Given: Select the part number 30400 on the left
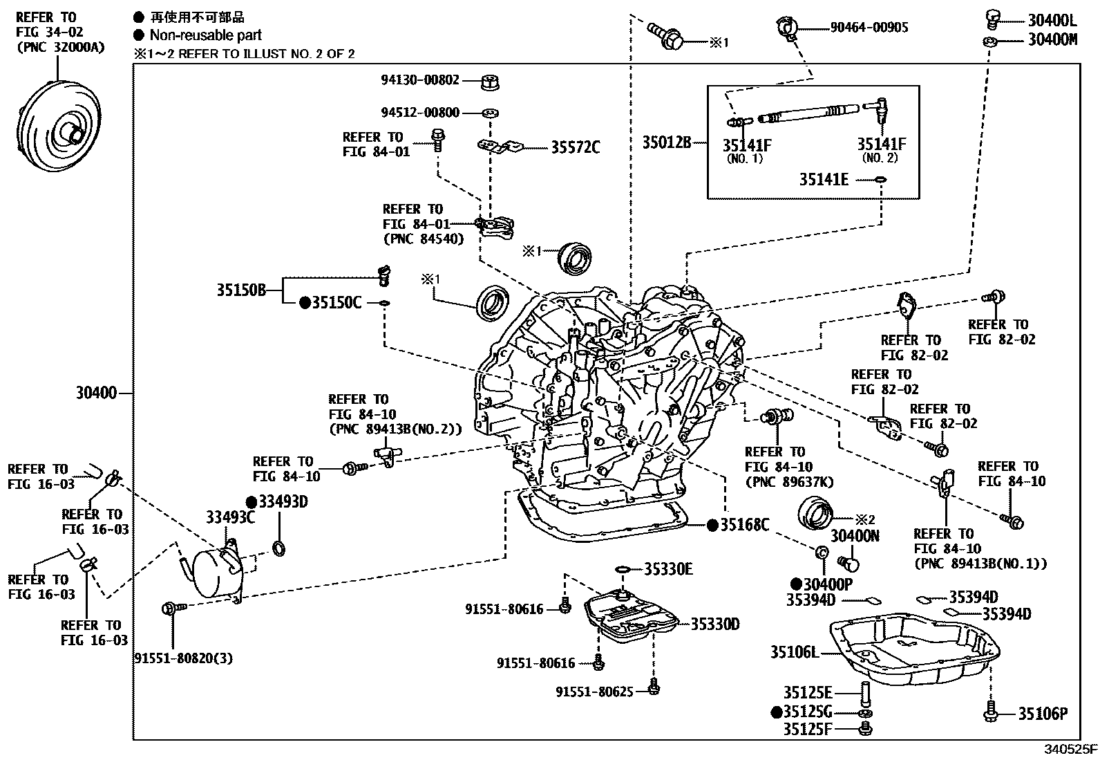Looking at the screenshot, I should [x=96, y=393].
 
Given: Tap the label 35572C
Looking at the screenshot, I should [x=575, y=147].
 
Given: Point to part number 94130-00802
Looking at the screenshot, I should [x=419, y=80].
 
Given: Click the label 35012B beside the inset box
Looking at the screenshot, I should [x=667, y=142].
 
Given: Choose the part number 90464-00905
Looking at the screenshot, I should [x=869, y=28].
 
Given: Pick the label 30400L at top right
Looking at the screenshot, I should [x=1052, y=20].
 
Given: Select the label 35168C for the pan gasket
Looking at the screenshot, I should [x=744, y=525].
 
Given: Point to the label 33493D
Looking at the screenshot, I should [x=283, y=501].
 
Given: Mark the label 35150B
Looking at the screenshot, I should [x=241, y=290].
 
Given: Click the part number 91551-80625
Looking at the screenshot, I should [x=594, y=691].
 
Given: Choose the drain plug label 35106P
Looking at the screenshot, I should [x=1043, y=714].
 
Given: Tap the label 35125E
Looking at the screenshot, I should [x=808, y=692].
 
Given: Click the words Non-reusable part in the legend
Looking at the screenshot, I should [x=205, y=35].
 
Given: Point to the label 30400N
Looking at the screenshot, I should [x=854, y=535].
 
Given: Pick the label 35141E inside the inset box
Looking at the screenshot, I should [x=824, y=179].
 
